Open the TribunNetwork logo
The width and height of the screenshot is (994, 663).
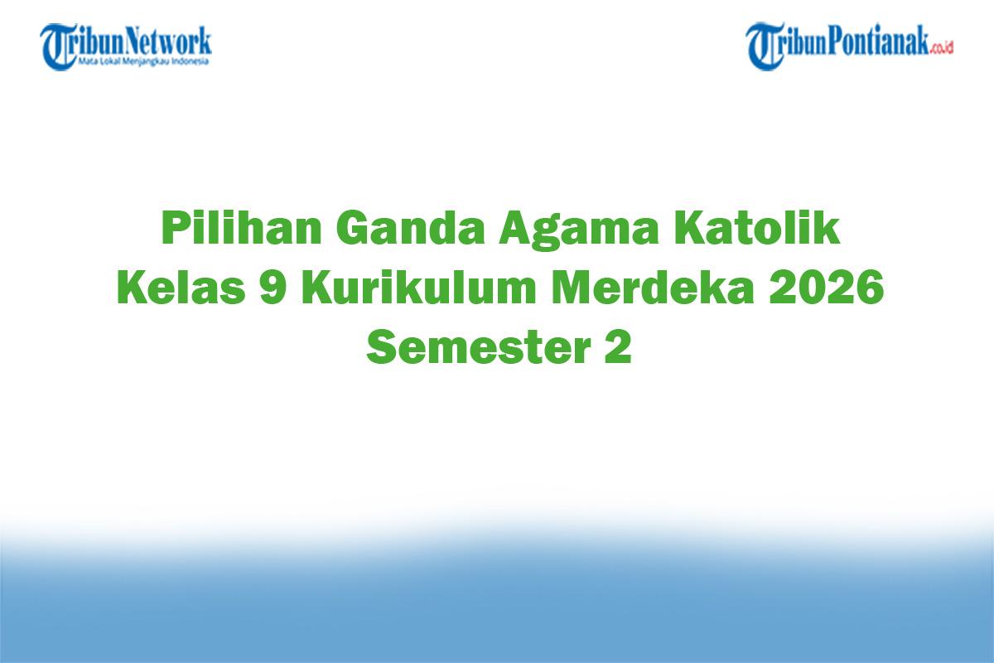pyautogui.click(x=127, y=45)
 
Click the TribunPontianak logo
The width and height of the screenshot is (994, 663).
pyautogui.click(x=850, y=45)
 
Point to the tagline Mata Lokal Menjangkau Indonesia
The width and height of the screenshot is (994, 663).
pyautogui.click(x=143, y=61)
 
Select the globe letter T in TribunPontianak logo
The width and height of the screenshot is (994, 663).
pyautogui.click(x=764, y=46)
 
